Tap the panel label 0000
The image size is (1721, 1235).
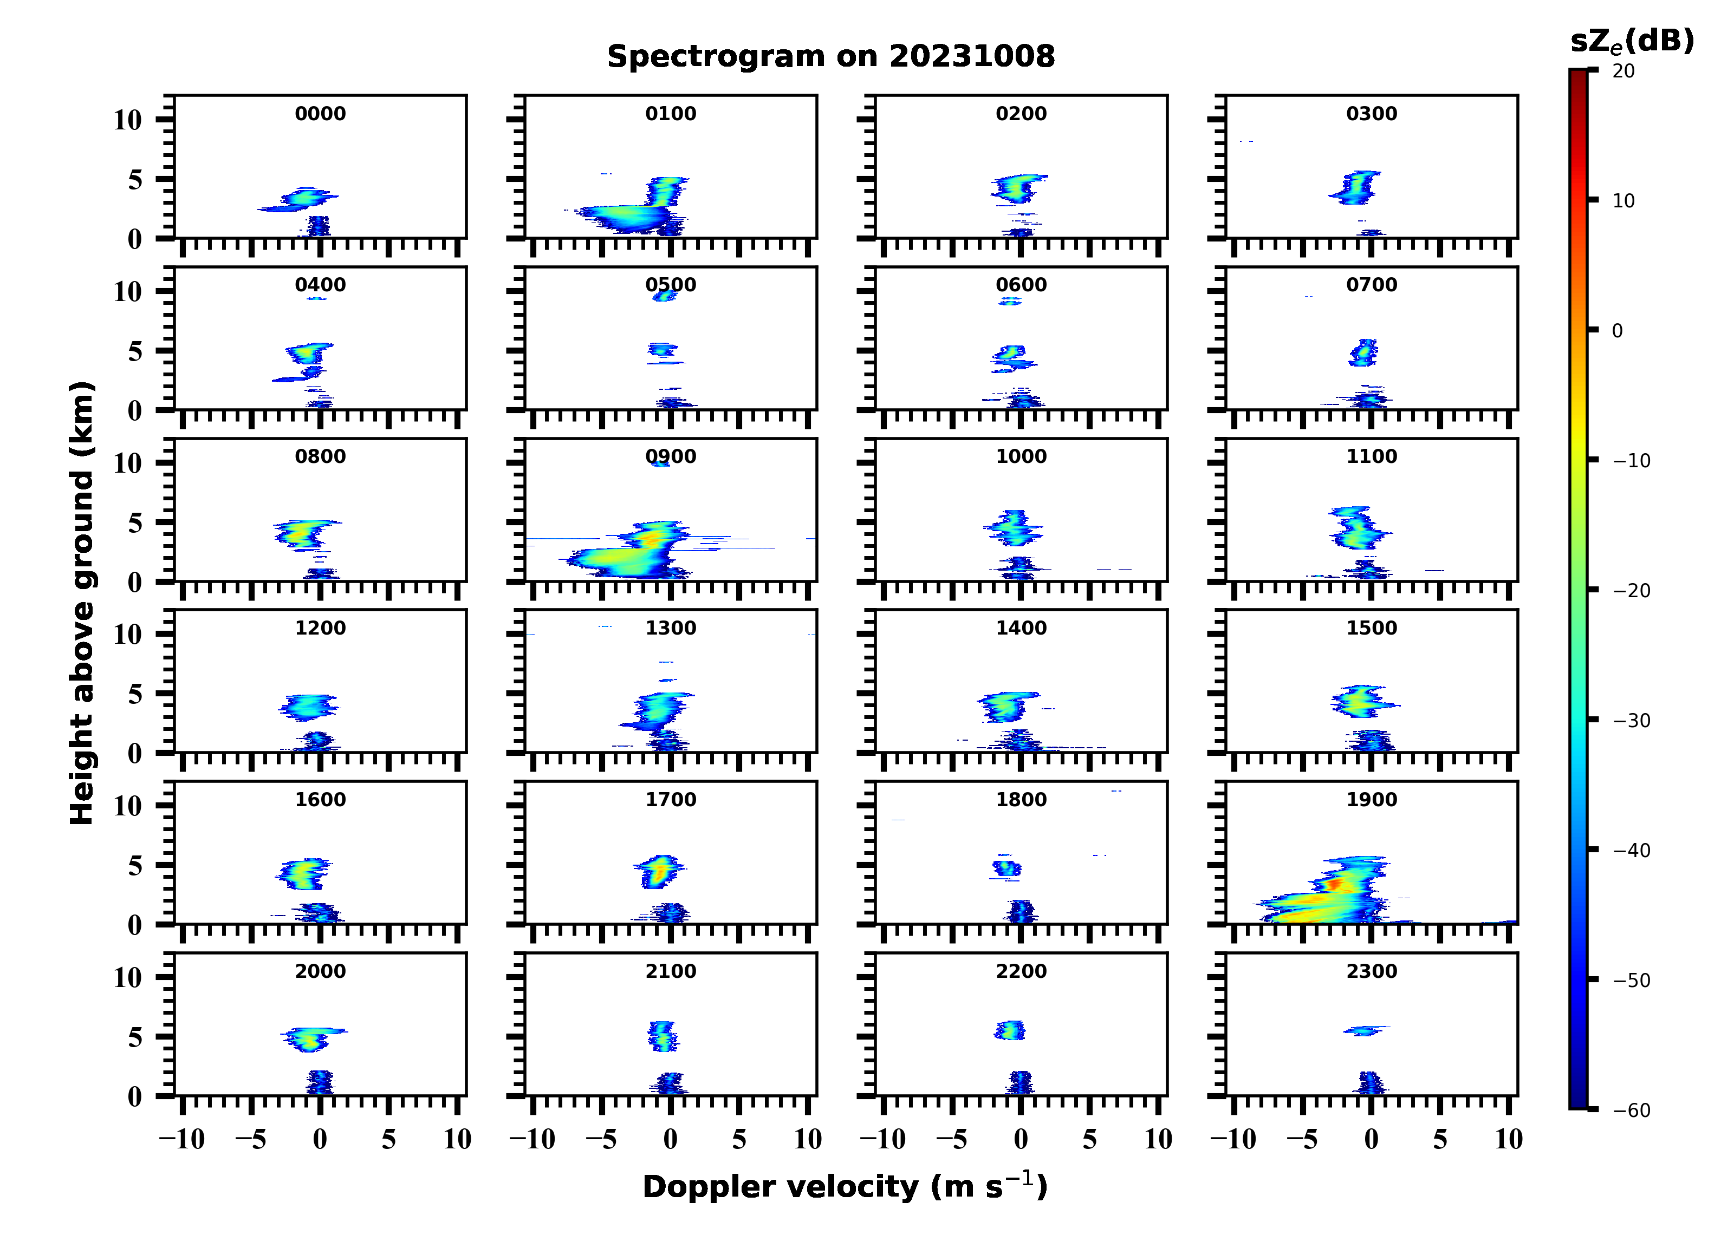(320, 114)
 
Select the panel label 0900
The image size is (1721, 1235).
(670, 456)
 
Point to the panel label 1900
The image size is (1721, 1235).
(1371, 800)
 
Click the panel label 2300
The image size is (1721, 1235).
(1371, 971)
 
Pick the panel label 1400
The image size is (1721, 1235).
(1021, 628)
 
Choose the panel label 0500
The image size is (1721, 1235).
(670, 285)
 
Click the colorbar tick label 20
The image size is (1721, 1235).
(1624, 70)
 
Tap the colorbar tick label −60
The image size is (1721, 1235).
(1632, 1110)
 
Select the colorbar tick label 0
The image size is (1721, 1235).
(1617, 331)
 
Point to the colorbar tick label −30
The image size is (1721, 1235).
(1632, 721)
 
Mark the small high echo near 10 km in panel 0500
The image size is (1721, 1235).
(665, 296)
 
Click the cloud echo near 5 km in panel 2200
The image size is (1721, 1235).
(1010, 1030)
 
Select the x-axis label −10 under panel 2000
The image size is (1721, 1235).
(182, 1139)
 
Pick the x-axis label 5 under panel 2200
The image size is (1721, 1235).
(1090, 1139)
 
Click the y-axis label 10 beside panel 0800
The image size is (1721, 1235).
(127, 463)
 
